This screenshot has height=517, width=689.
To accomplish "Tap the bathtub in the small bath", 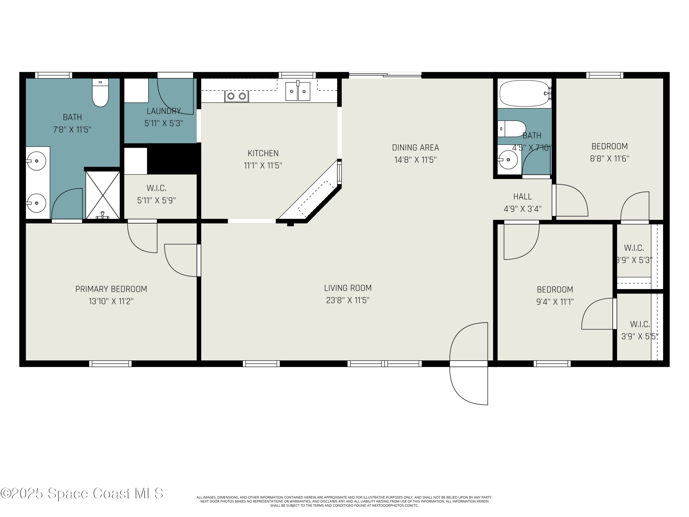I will pyautogui.click(x=524, y=93).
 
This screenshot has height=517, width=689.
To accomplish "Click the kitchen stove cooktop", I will pyautogui.click(x=236, y=96).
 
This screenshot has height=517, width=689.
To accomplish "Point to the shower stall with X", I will pyautogui.click(x=102, y=195).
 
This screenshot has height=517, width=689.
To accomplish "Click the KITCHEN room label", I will pyautogui.click(x=263, y=153).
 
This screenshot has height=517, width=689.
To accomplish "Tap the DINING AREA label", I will pyautogui.click(x=415, y=148).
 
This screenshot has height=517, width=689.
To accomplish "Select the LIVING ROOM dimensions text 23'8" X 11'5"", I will pyautogui.click(x=348, y=300).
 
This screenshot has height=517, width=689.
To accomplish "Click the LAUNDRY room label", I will pyautogui.click(x=164, y=111).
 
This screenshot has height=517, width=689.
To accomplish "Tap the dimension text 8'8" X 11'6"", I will pyautogui.click(x=609, y=159).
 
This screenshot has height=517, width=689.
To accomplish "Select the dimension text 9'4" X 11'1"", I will pyautogui.click(x=555, y=302).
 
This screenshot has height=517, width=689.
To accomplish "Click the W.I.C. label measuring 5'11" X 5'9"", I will pyautogui.click(x=156, y=188).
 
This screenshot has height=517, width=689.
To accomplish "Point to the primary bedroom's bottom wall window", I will pyautogui.click(x=110, y=364).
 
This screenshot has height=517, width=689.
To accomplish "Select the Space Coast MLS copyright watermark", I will pyautogui.click(x=82, y=493).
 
